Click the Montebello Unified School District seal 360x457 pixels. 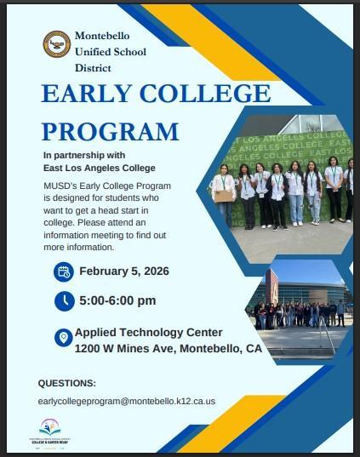57,43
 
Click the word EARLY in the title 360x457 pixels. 89,94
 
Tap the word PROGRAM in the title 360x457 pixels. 111,131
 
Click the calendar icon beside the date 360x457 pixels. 64,271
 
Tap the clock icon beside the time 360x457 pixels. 64,300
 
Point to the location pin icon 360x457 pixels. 63,338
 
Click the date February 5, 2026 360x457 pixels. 124,271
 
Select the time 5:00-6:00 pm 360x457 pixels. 117,300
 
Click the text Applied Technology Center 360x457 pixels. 149,332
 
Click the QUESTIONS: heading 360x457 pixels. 67,383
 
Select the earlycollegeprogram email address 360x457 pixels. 127,401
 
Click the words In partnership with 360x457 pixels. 84,156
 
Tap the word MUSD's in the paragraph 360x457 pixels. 59,186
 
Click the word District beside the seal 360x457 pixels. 93,66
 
